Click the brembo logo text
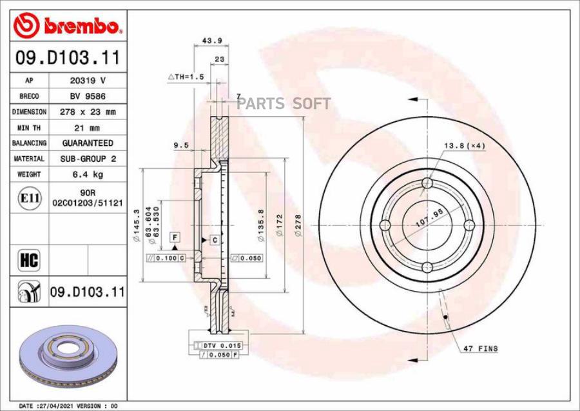[81, 26]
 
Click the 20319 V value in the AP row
[88, 81]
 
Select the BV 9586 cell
[88, 96]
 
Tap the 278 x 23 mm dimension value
[88, 112]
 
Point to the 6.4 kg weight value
[88, 174]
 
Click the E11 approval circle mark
[30, 198]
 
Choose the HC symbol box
[29, 260]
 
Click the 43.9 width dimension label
[212, 41]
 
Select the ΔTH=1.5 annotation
[186, 77]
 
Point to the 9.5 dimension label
[181, 146]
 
